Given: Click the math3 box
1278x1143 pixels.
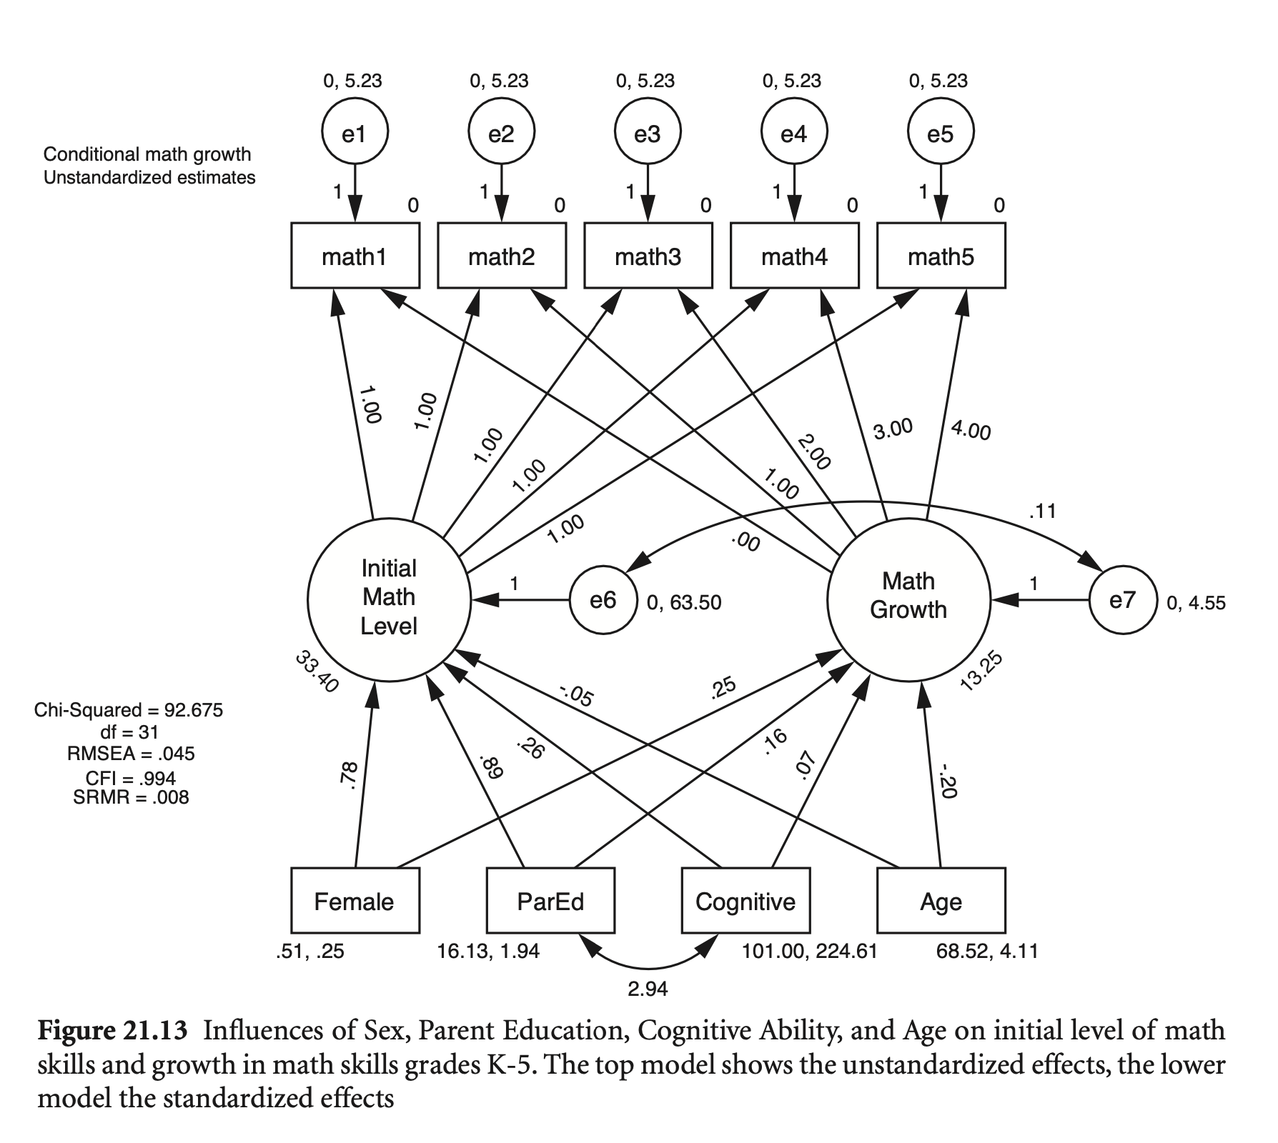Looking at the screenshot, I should tap(648, 256).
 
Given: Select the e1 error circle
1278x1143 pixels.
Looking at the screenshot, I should tap(355, 133).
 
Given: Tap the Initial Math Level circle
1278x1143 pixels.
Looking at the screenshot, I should tap(389, 598).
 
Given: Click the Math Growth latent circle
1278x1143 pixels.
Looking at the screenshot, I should tap(908, 597).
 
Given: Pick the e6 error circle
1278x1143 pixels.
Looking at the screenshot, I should tap(603, 600).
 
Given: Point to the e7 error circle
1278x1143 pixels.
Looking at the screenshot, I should tap(1122, 600).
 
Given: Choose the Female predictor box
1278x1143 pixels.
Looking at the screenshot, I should tap(355, 901).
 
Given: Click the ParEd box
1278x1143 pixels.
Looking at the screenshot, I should tap(550, 901).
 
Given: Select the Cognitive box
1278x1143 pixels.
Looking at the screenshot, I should tap(745, 901).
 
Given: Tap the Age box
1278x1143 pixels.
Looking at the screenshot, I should tap(941, 901).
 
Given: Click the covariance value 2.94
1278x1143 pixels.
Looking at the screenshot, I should tap(648, 989).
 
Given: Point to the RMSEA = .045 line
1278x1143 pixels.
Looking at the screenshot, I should tap(131, 754).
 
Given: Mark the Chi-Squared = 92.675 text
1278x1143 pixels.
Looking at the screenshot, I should tap(129, 710).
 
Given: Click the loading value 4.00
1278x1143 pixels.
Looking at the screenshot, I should tap(971, 431).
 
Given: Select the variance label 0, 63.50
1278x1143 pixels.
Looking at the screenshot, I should tap(684, 603).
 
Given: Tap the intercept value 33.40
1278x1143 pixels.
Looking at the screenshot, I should tap(316, 672).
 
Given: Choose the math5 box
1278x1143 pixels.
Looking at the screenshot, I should tap(941, 256).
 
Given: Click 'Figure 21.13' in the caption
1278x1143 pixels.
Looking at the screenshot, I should tap(112, 1031).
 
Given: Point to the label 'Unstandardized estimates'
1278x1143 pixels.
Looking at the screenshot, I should tap(149, 177).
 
